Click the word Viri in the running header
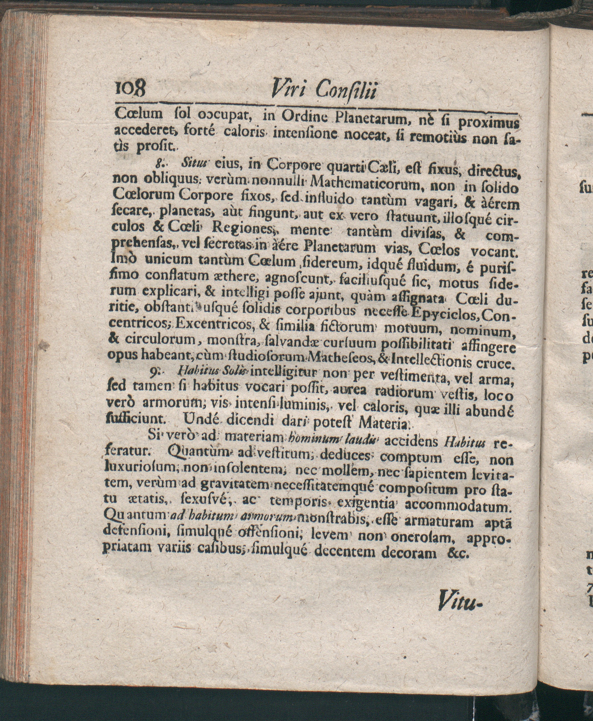(291, 91)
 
